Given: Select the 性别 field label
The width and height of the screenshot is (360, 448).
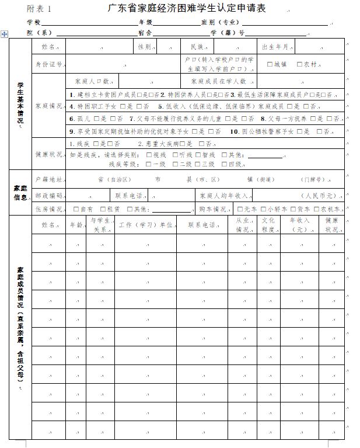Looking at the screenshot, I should (x=144, y=47).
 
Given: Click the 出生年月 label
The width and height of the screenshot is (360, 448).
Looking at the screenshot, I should (x=275, y=47).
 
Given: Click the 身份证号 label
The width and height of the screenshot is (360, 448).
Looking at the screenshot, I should (x=48, y=64).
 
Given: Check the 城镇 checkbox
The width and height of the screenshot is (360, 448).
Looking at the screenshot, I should (x=270, y=64).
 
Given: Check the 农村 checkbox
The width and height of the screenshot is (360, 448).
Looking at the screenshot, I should (x=299, y=64).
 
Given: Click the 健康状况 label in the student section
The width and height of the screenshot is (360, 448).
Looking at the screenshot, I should (x=48, y=155).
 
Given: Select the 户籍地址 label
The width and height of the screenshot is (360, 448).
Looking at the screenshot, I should (x=48, y=179).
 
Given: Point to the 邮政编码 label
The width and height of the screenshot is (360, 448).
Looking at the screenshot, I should (x=48, y=195).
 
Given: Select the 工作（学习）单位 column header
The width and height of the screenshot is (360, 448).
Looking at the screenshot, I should (x=145, y=224).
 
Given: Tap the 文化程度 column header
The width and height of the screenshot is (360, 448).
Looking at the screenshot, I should (x=268, y=225).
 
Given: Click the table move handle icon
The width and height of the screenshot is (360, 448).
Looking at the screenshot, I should (x=5, y=34).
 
